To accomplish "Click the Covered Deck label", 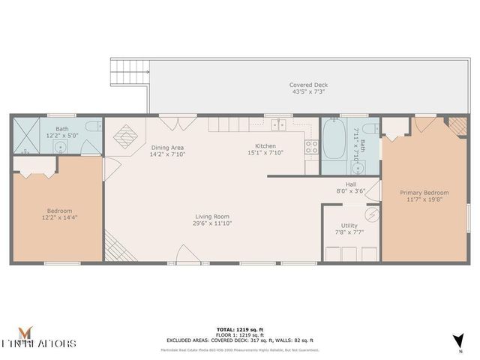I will pyautogui.click(x=308, y=85).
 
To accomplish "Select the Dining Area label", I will pyautogui.click(x=168, y=147).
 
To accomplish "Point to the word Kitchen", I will pyautogui.click(x=265, y=145).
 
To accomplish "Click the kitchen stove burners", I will pyautogui.click(x=311, y=146).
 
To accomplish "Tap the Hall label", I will pyautogui.click(x=350, y=184).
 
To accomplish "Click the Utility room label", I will pyautogui.click(x=349, y=226).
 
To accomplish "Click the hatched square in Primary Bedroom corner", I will pyautogui.click(x=457, y=125).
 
